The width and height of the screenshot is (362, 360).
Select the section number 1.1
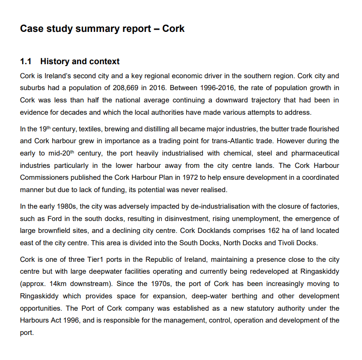(26, 62)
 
